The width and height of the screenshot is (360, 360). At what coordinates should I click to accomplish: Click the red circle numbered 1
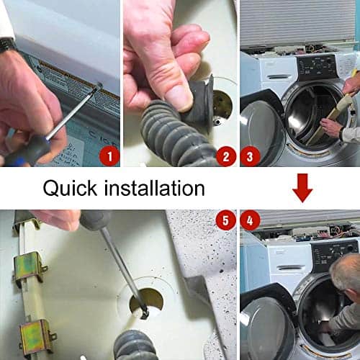(109, 156)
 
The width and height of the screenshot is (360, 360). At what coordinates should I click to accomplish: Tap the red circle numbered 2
(226, 156)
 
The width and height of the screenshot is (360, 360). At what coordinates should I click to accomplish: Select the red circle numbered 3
(250, 156)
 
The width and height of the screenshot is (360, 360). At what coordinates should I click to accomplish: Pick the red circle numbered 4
(250, 220)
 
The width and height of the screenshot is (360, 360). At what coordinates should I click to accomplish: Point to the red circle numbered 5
(226, 220)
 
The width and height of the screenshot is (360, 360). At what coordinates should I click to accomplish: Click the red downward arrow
(302, 188)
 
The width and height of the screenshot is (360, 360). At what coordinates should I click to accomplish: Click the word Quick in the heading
(70, 189)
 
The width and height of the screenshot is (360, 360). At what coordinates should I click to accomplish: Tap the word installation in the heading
(155, 189)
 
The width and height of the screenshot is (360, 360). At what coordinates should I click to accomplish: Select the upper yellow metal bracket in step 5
(30, 266)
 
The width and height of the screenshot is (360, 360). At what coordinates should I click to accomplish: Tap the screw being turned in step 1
(99, 85)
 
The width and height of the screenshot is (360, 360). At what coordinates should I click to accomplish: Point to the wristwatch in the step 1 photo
(7, 45)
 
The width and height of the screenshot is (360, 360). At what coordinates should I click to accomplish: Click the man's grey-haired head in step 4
(346, 272)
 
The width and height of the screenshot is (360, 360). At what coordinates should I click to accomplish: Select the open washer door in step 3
(261, 128)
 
